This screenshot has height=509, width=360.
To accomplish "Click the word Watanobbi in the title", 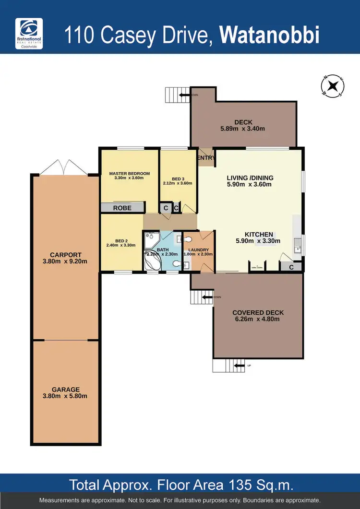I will click(269, 36).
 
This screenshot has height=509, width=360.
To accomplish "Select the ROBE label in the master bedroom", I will click(122, 208).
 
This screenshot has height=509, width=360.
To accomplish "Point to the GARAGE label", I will click(66, 390).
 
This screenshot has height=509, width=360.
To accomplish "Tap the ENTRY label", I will click(206, 158).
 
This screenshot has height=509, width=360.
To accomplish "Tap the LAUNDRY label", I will click(198, 249).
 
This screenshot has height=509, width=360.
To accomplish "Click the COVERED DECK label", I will click(258, 313).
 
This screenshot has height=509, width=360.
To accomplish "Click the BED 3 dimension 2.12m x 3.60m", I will click(178, 183).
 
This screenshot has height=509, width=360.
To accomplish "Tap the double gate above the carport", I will click(65, 167).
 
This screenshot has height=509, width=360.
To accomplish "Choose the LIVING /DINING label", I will click(250, 178).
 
